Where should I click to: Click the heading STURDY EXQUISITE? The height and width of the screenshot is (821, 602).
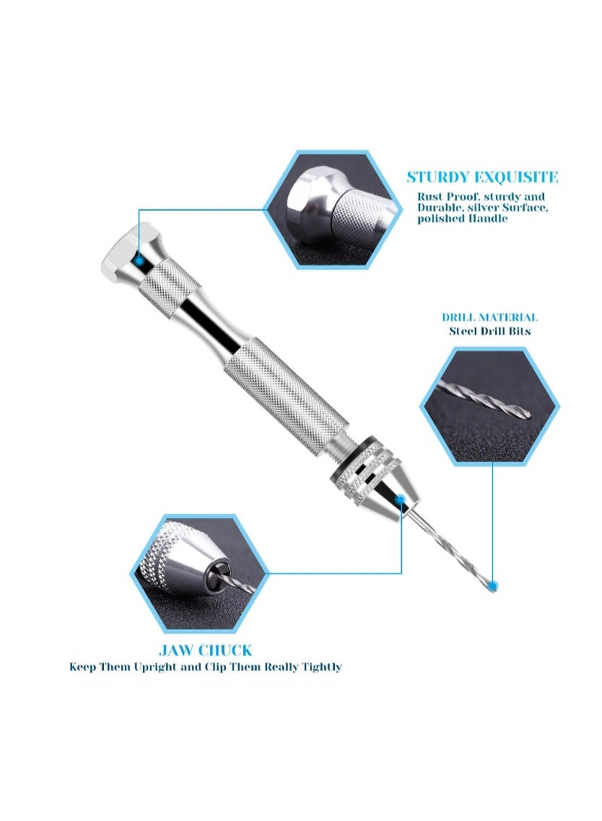(482, 177)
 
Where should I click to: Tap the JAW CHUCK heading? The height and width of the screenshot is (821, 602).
(205, 650)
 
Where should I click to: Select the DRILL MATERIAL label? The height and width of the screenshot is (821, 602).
(489, 318)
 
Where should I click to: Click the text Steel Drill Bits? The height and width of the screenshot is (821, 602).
(490, 331)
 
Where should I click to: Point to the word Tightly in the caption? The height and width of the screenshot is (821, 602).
(321, 667)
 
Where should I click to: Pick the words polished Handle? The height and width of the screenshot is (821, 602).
(462, 218)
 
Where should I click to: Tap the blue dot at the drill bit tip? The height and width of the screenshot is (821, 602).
(492, 585)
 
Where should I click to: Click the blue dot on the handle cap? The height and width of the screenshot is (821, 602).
(139, 260)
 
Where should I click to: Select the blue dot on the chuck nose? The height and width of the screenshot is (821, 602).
(400, 500)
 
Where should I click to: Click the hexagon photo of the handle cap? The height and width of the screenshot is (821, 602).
(334, 210)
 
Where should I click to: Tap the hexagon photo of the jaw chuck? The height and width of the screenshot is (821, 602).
(199, 573)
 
